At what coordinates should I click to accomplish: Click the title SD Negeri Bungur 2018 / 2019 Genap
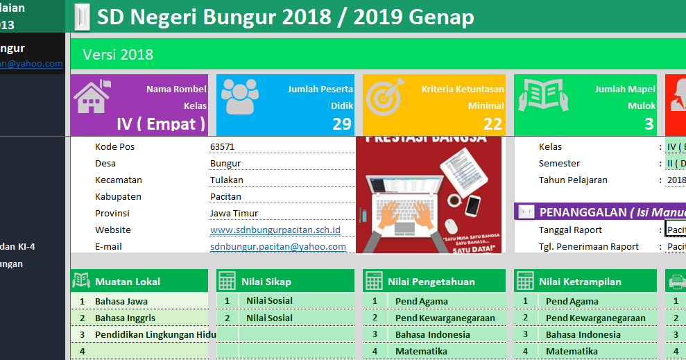pos(285,17)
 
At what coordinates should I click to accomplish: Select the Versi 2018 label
pos(118,55)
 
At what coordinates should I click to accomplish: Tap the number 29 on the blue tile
pos(341,124)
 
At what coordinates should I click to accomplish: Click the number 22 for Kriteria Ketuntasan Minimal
pos(492,124)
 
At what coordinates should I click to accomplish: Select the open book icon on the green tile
pos(544,96)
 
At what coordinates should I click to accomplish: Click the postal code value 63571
pos(222,147)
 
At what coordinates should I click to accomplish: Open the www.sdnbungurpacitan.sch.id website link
pos(275,230)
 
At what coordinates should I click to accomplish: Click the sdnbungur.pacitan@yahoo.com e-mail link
pos(277,246)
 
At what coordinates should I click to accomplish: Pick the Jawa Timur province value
pos(233,213)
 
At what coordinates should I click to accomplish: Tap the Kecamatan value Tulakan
pos(226,180)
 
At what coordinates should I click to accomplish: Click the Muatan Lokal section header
pos(128,282)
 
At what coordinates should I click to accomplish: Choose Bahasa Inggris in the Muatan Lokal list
pos(125,318)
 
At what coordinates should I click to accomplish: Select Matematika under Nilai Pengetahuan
pos(421,351)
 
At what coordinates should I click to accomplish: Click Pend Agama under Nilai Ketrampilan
pos(572,301)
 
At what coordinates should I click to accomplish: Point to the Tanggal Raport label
pos(570,230)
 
